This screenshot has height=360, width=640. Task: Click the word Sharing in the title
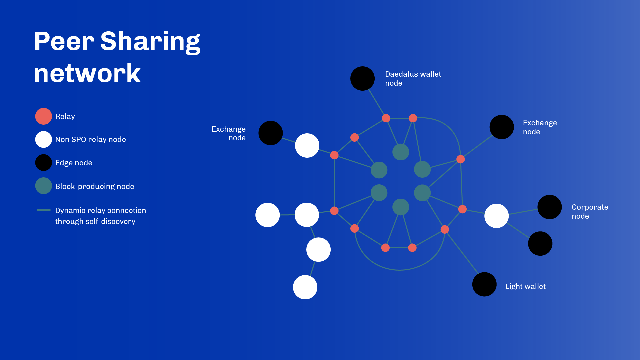coord(150,42)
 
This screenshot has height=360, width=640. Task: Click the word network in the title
coord(87,73)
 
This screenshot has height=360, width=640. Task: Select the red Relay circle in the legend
coord(44,116)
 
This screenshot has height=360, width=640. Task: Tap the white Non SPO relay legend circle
coord(44,139)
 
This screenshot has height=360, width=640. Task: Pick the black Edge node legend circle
coord(44,163)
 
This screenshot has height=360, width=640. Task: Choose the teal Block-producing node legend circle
coord(44,186)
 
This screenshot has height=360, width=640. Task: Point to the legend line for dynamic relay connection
coord(44,210)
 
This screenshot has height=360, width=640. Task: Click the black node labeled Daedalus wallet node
coord(363,79)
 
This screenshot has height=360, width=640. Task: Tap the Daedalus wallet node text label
coord(413,79)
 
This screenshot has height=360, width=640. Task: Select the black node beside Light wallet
coord(484,284)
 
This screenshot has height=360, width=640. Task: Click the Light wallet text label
coord(525,286)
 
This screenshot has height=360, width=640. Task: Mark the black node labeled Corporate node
coord(550,207)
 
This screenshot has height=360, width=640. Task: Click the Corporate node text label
coord(590,212)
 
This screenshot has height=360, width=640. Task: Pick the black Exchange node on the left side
coord(271,133)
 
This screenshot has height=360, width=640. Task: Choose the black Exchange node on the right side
coord(502,127)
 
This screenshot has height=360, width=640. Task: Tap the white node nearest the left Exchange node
coord(307,146)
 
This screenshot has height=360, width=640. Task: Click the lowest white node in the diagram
coord(305,287)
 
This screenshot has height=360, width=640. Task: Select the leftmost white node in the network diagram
coord(268,215)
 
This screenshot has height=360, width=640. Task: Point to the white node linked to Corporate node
coord(497,216)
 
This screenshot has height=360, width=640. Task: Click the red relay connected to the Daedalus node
coord(386,118)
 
